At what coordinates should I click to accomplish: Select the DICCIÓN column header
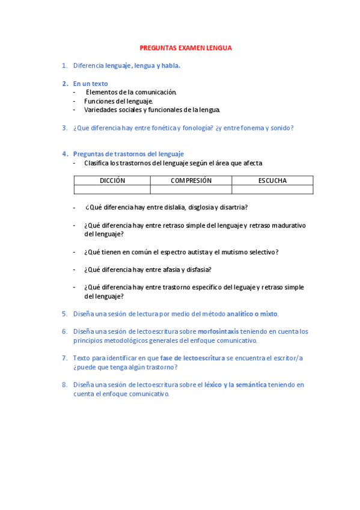tap(112, 180)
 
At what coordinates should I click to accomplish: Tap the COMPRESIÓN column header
tap(191, 180)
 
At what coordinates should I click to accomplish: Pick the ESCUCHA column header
tap(272, 180)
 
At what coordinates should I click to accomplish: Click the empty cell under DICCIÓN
tap(112, 189)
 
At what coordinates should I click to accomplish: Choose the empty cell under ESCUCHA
tap(272, 189)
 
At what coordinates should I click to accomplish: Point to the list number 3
tap(64, 127)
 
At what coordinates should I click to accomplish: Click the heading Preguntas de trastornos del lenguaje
tap(128, 154)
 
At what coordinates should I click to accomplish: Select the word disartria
tap(233, 207)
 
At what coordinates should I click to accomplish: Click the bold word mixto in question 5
tap(268, 314)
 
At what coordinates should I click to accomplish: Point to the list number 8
tap(64, 384)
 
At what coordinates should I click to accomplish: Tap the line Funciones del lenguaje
tap(118, 101)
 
